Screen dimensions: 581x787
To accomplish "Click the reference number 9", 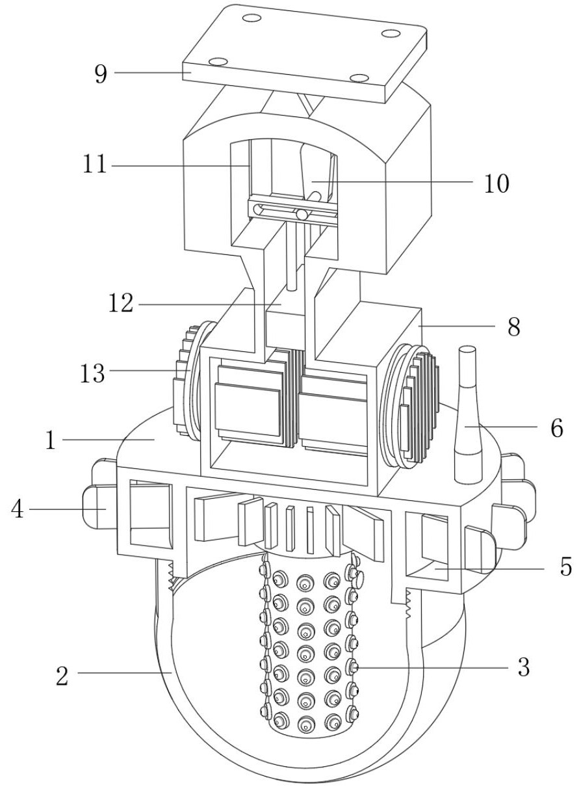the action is [x=101, y=74].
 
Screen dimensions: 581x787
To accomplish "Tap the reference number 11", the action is [x=95, y=165].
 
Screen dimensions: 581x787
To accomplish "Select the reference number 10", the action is [x=497, y=183].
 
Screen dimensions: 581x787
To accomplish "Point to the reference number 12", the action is [x=121, y=303].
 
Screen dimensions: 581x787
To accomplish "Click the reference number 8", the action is [x=514, y=327].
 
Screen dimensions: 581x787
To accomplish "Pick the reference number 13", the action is [x=92, y=373].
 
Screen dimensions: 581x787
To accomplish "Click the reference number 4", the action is [x=17, y=509].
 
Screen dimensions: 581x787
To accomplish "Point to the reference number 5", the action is [x=566, y=566].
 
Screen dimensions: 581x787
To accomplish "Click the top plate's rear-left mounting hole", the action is [x=253, y=18].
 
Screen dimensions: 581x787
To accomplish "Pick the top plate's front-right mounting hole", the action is [x=359, y=78].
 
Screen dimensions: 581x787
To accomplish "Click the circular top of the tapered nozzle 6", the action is [x=467, y=349].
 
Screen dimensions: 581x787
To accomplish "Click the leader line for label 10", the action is [x=393, y=181].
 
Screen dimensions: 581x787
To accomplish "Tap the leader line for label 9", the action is [x=153, y=73].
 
